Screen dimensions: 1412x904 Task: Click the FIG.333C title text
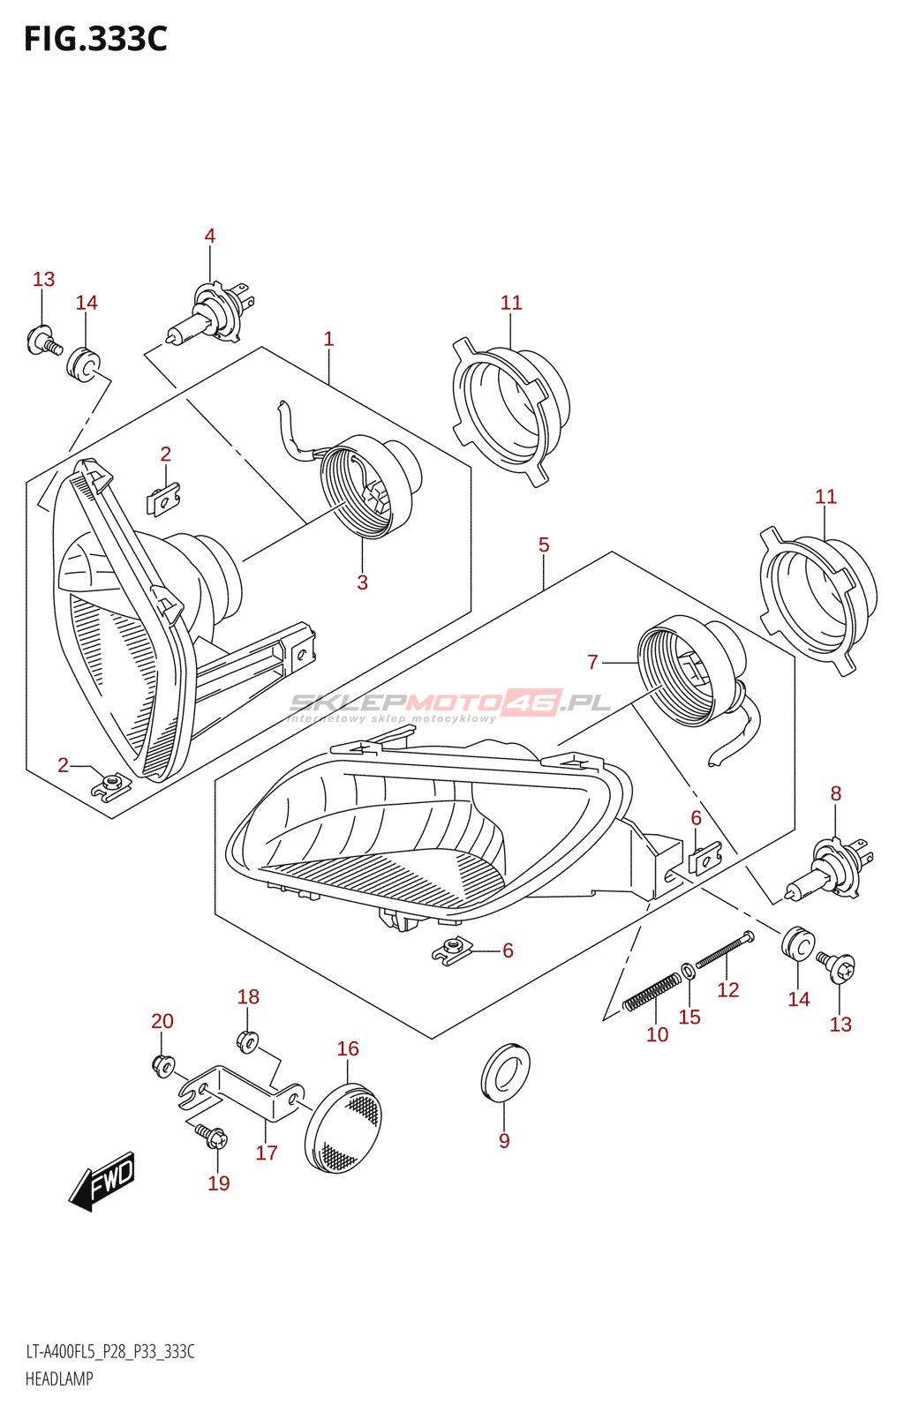(x=95, y=39)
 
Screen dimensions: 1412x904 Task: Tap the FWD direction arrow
(x=103, y=1181)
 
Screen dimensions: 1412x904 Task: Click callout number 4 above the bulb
(x=210, y=236)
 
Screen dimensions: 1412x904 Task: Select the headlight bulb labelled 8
(x=829, y=872)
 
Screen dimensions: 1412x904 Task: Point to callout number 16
(x=348, y=1048)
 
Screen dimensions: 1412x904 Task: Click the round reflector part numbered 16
(x=343, y=1129)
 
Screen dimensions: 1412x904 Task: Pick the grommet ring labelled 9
(x=505, y=1073)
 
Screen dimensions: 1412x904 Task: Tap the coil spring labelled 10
(x=652, y=993)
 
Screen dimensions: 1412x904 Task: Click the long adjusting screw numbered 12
(x=725, y=951)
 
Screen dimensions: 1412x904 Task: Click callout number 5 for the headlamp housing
(x=544, y=545)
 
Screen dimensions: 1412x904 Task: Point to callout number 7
(x=592, y=662)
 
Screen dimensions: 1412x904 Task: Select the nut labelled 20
(x=163, y=1065)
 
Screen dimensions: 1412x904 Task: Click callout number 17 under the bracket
(x=267, y=1153)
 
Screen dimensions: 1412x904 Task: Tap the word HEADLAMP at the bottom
(x=59, y=1378)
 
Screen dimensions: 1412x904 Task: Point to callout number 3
(x=362, y=582)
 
